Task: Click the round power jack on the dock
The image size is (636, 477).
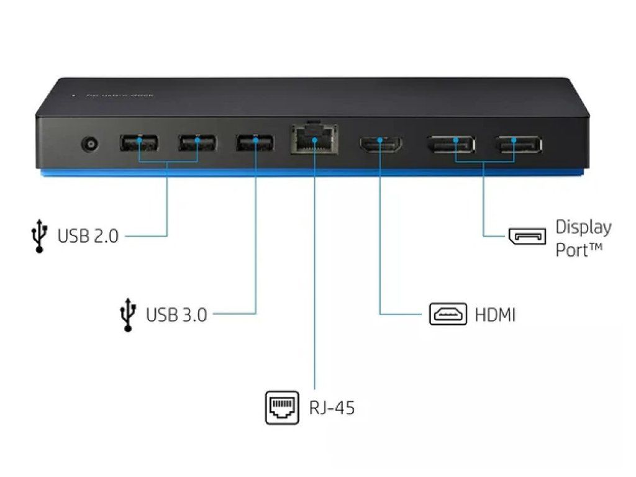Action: click(x=91, y=145)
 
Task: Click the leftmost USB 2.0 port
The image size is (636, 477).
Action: click(x=139, y=143)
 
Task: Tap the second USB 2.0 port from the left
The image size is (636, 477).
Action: click(x=198, y=143)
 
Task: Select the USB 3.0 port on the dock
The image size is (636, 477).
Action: click(x=255, y=143)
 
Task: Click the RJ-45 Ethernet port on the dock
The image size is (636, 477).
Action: click(x=315, y=141)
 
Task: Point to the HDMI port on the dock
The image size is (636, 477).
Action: click(x=380, y=144)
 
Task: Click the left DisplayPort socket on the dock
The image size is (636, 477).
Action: click(x=451, y=144)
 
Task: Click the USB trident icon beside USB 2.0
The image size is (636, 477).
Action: click(x=39, y=235)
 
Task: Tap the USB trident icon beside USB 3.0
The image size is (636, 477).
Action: click(x=127, y=314)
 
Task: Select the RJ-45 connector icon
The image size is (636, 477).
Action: click(x=283, y=407)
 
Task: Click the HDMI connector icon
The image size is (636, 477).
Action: click(x=448, y=314)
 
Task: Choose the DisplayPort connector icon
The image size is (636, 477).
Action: click(x=527, y=236)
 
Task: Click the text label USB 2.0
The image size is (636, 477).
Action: click(x=88, y=236)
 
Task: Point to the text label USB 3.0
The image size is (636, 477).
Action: click(x=176, y=315)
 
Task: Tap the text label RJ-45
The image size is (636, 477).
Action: click(x=332, y=408)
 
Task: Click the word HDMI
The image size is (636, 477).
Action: click(x=495, y=315)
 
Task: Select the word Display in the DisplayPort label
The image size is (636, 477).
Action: click(x=583, y=227)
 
